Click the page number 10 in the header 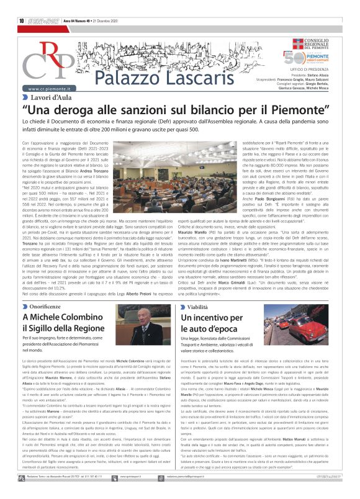(21, 20)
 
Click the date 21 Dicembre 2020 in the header (93, 21)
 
